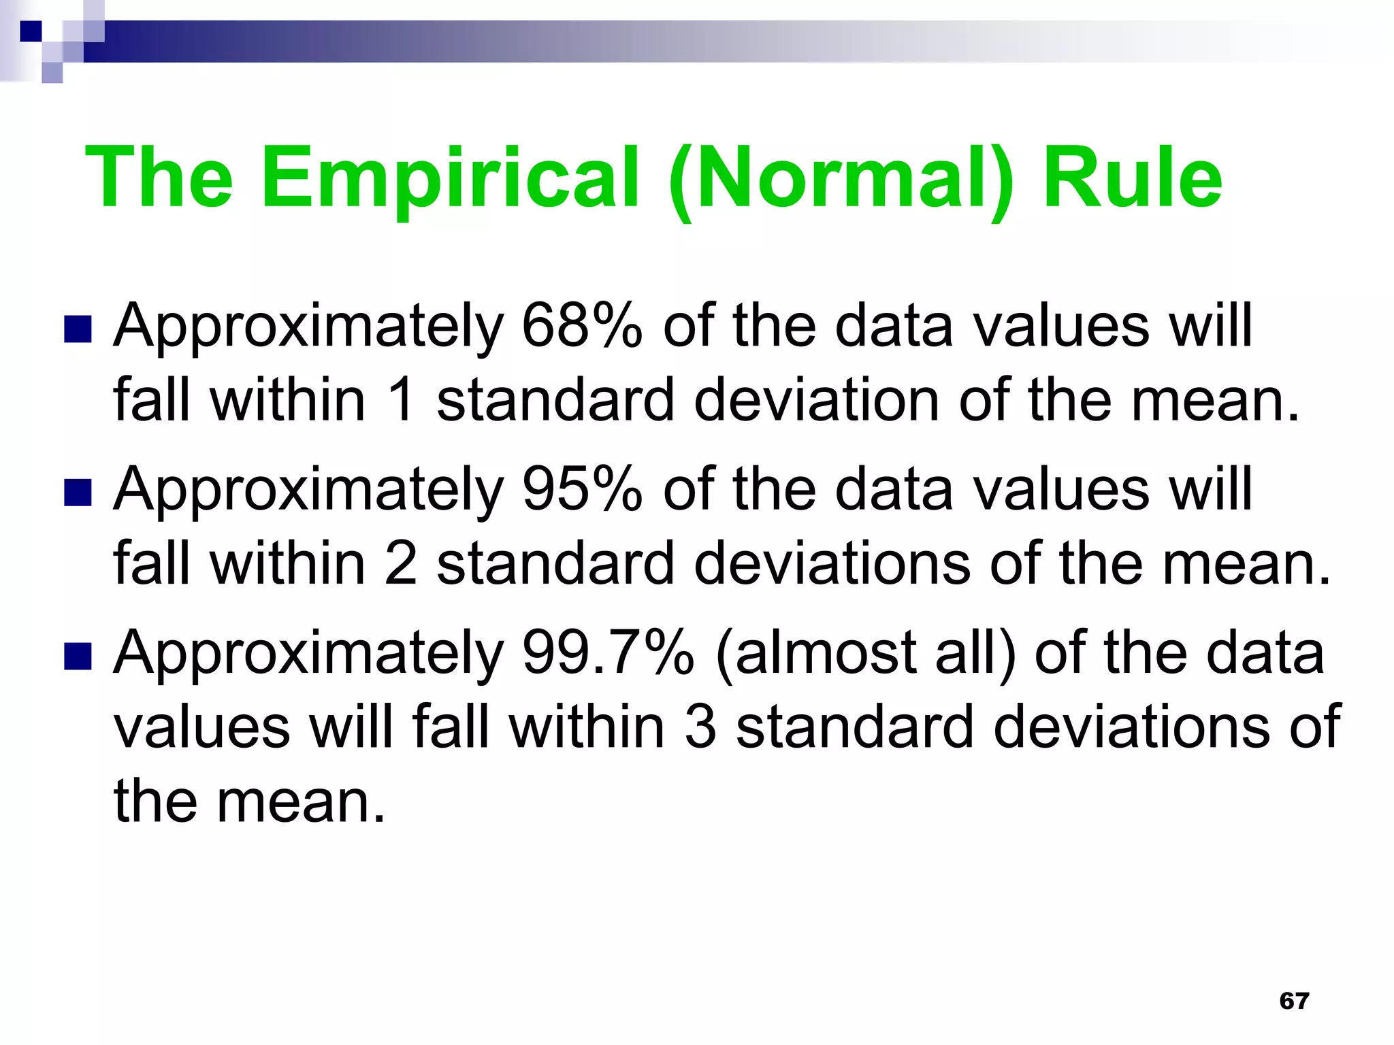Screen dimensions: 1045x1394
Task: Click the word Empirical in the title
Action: [x=450, y=178]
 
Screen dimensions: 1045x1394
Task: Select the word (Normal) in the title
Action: [x=841, y=178]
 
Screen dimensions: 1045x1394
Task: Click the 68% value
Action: [x=582, y=326]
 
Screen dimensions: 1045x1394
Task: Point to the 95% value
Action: [x=582, y=489]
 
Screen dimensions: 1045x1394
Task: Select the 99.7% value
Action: [x=608, y=652]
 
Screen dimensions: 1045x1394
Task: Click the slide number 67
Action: [x=1294, y=1001]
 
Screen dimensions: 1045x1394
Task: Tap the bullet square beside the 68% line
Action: [x=78, y=329]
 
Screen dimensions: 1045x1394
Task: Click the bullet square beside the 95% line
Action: [x=78, y=493]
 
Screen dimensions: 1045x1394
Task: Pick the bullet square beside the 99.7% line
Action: [x=78, y=657]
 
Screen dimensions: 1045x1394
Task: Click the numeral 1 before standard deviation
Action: [x=402, y=400]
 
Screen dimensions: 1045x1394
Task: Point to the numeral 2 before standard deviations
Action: [x=402, y=563]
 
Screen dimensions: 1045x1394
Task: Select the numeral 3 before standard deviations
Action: [x=701, y=727]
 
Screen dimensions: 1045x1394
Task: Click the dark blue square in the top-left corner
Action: [x=31, y=31]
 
